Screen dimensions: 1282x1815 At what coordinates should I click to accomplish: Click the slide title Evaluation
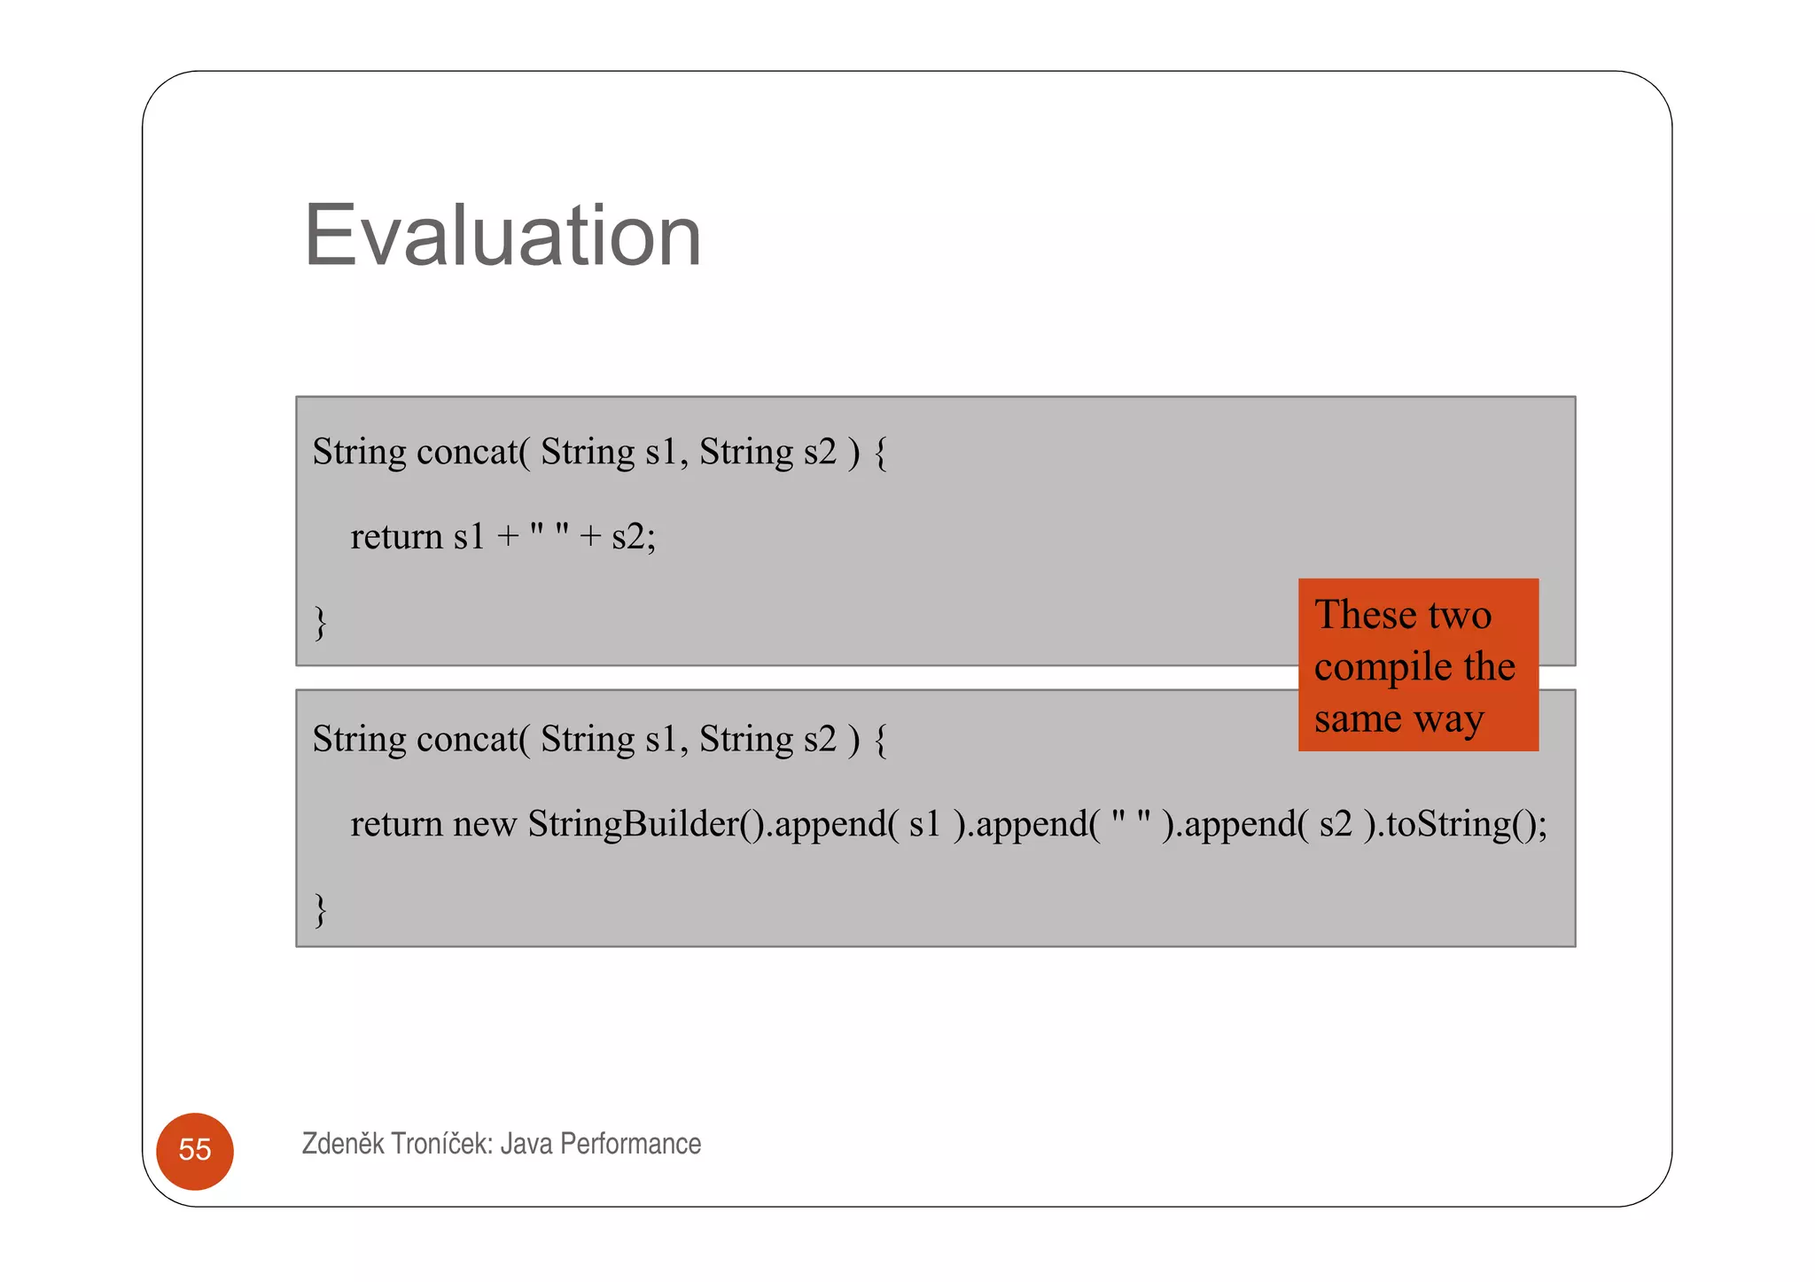(502, 236)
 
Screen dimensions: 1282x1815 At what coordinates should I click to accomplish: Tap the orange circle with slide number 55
(195, 1150)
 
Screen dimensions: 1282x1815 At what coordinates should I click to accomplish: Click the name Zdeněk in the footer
(343, 1144)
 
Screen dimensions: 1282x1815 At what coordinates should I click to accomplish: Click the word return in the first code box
(396, 537)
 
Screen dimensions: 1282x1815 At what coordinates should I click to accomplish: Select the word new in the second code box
(484, 824)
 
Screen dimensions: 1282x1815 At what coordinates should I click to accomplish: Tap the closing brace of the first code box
(320, 622)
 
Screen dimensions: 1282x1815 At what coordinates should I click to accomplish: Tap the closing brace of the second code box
(320, 909)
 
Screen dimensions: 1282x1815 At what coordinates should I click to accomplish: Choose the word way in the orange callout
(1449, 719)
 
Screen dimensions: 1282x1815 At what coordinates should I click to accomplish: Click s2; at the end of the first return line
(634, 537)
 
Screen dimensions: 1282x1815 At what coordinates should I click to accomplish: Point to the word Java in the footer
(526, 1144)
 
